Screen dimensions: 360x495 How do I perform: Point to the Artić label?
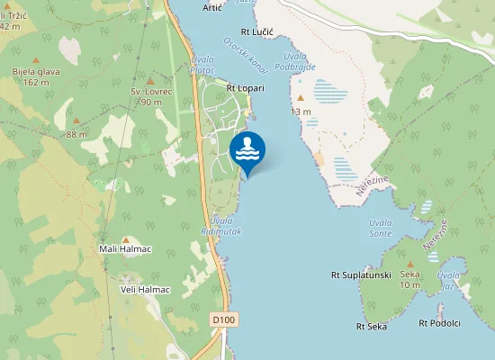click(212, 7)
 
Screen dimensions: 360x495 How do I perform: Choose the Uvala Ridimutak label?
click(220, 226)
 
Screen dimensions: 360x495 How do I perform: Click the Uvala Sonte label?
click(381, 229)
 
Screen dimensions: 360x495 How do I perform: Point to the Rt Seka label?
click(371, 326)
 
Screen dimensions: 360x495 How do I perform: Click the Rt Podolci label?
click(440, 322)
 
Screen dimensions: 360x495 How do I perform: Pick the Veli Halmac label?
click(139, 289)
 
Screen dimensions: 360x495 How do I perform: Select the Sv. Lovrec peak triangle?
click(150, 81)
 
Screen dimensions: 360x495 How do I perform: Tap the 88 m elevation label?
click(76, 134)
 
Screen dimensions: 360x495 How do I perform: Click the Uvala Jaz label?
click(447, 280)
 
